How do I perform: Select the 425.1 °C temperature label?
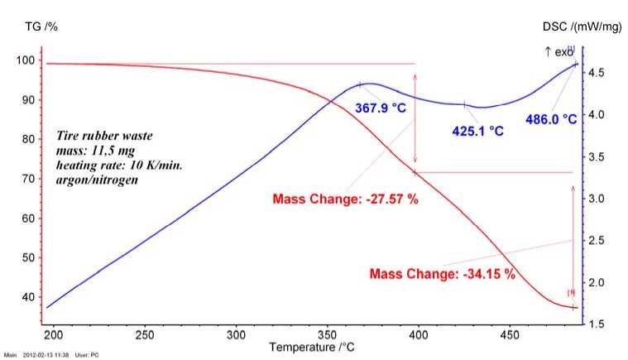[x=477, y=131]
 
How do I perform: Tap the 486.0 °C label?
[x=551, y=119]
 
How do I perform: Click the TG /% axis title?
[x=39, y=26]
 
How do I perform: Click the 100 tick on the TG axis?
[x=27, y=60]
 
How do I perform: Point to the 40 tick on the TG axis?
[x=30, y=297]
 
